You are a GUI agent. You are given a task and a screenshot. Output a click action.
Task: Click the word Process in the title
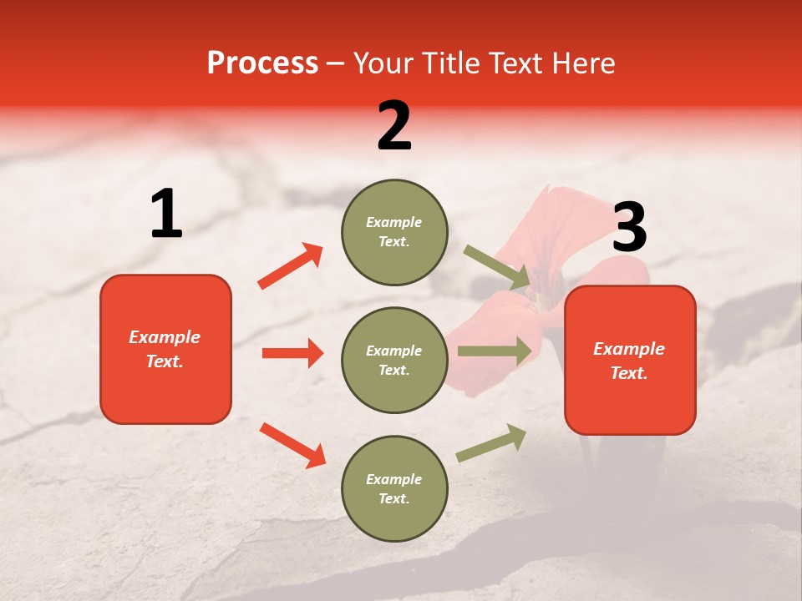click(x=262, y=63)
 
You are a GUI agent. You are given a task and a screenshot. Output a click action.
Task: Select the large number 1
click(x=166, y=215)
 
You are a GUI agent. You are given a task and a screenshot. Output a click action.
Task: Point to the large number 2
click(x=394, y=126)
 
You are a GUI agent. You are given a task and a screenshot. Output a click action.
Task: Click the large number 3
click(x=629, y=228)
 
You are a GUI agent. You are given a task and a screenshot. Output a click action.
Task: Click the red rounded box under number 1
click(x=165, y=349)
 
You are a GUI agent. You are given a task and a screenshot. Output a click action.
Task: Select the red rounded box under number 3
click(x=630, y=360)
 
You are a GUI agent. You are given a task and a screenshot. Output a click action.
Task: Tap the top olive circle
click(x=394, y=232)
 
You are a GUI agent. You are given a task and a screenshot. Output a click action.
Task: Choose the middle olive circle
click(x=394, y=360)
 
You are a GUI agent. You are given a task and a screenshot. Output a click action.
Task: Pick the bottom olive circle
click(x=394, y=488)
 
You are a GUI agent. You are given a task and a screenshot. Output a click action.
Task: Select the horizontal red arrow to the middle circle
click(x=292, y=353)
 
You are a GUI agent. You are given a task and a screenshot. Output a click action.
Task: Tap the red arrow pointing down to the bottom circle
click(x=293, y=445)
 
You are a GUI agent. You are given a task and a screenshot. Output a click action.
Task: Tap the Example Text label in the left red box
click(x=165, y=349)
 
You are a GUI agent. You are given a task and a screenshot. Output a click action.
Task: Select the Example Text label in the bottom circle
click(x=394, y=488)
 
